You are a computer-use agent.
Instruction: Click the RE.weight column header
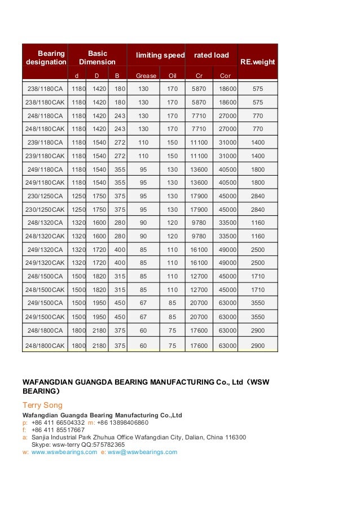click(257, 62)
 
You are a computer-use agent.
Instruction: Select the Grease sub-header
click(146, 75)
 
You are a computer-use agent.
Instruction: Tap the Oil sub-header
click(173, 75)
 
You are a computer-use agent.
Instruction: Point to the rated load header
click(211, 55)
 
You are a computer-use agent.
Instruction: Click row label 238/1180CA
click(45, 89)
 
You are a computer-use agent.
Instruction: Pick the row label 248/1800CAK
click(45, 345)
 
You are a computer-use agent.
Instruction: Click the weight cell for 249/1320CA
click(258, 250)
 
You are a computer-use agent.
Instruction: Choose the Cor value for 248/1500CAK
click(225, 290)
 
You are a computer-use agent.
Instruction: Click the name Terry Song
click(42, 405)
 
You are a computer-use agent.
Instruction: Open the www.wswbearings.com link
click(64, 452)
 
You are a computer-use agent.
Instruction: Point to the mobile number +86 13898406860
click(122, 422)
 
